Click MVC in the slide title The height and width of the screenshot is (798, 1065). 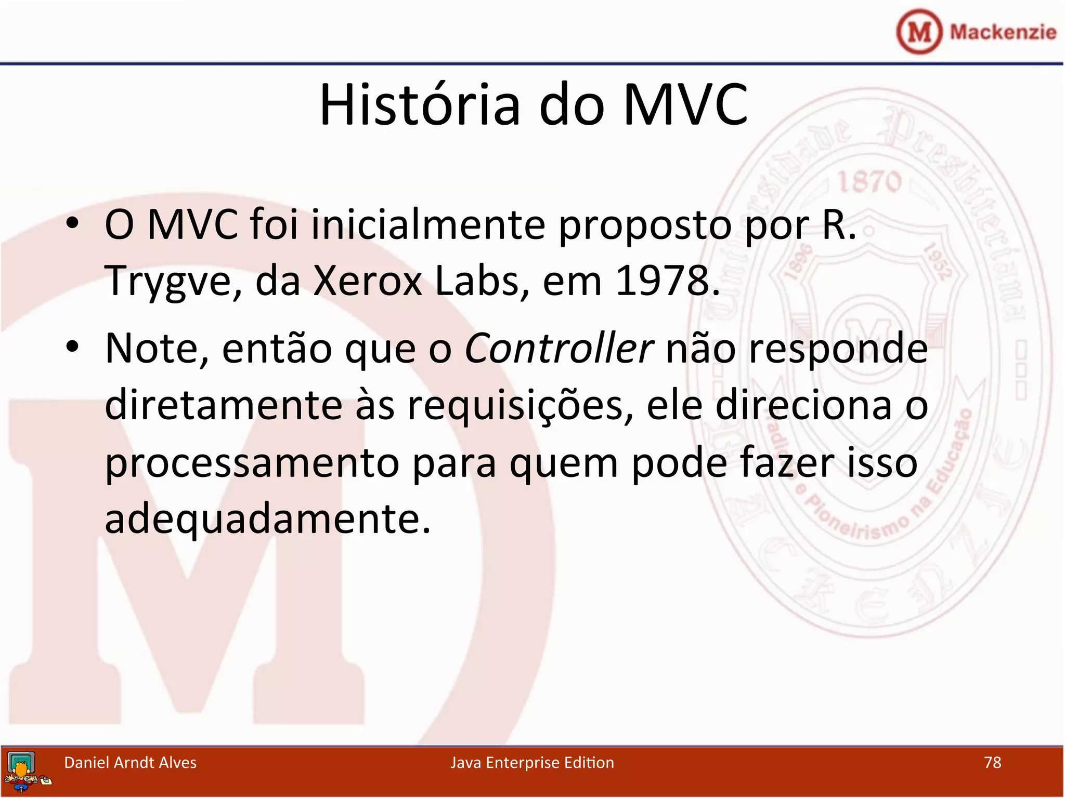tap(685, 105)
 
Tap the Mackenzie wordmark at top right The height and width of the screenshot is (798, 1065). tap(1003, 32)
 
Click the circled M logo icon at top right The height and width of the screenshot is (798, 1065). tap(919, 32)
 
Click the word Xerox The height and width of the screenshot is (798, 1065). tap(368, 281)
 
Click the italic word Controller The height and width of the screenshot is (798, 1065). tap(559, 349)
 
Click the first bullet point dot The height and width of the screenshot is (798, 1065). tap(72, 224)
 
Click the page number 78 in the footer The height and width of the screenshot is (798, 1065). tap(992, 763)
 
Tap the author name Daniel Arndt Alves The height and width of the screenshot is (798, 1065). tap(130, 763)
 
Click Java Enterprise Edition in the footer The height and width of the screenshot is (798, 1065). tap(532, 763)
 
